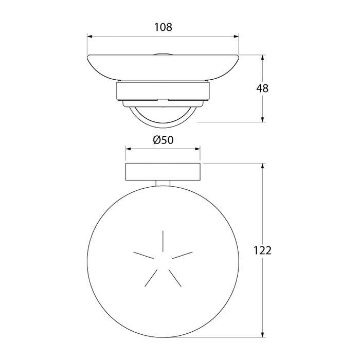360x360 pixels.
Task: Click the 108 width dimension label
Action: (163, 27)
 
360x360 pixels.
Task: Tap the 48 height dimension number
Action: (262, 88)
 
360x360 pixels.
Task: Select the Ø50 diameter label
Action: (163, 140)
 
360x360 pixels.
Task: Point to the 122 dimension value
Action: (262, 250)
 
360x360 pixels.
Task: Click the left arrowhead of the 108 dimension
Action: (90, 37)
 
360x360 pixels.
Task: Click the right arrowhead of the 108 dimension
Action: (236, 37)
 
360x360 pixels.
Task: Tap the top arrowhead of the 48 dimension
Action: (262, 58)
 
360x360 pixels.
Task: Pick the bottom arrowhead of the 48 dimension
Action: (262, 119)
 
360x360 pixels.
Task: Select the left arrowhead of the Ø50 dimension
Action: (129, 149)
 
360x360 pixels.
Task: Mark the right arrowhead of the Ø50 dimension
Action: (197, 149)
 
